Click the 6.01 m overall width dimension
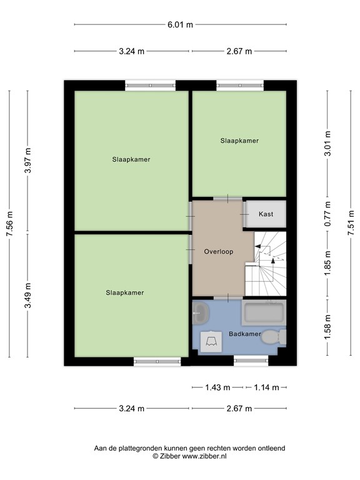click(x=180, y=25)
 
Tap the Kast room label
click(x=266, y=214)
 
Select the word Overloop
click(x=218, y=252)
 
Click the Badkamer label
click(x=244, y=334)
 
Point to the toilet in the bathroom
click(x=272, y=337)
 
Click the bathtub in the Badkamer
click(x=264, y=312)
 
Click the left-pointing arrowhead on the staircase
click(x=257, y=248)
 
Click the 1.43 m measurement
click(x=217, y=387)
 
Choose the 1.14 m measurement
click(x=266, y=387)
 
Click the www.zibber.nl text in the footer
click(x=205, y=457)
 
